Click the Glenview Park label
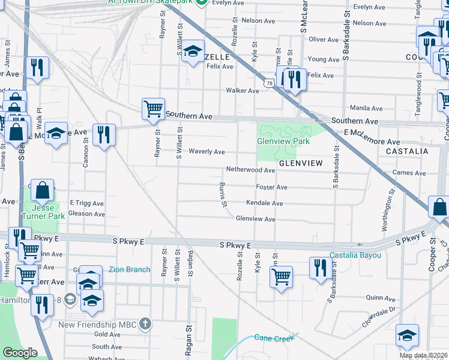tap(283, 141)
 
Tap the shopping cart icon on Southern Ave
tap(153, 109)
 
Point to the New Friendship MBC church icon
tap(145, 325)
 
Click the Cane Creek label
tap(274, 338)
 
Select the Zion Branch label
tap(130, 269)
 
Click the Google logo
tap(20, 353)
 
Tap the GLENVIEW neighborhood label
tap(301, 163)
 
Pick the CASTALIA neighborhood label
tap(407, 151)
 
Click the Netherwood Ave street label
tap(250, 170)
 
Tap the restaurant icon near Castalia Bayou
tap(319, 267)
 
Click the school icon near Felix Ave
tap(193, 52)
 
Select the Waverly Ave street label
tap(206, 152)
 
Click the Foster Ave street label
tap(271, 187)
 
